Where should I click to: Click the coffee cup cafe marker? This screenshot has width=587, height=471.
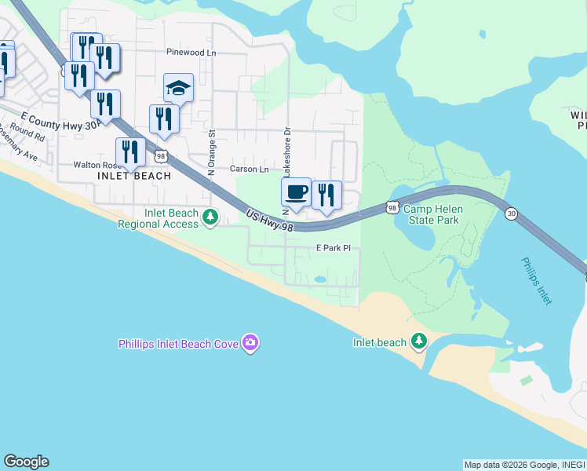[296, 193]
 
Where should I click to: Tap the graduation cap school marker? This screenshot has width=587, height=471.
[178, 89]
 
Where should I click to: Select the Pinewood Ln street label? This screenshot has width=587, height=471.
[191, 53]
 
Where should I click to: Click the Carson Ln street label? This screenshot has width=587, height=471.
[249, 169]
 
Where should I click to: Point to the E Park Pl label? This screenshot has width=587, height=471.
[332, 247]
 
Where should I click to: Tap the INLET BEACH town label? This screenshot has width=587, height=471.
[134, 176]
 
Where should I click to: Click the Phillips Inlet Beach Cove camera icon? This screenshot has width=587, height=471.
[251, 342]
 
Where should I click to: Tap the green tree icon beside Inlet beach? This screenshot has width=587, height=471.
[420, 341]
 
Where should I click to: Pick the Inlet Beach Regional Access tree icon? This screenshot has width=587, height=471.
[210, 217]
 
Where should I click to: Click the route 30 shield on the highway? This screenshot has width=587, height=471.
[511, 214]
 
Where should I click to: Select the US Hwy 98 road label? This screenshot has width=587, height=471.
[268, 221]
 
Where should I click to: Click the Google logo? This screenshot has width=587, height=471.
[26, 462]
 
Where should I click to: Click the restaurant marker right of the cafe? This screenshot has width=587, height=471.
[326, 195]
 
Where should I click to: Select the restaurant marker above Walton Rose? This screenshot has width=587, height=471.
[129, 152]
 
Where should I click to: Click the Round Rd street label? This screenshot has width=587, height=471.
[28, 134]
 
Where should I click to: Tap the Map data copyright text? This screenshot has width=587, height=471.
[523, 465]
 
